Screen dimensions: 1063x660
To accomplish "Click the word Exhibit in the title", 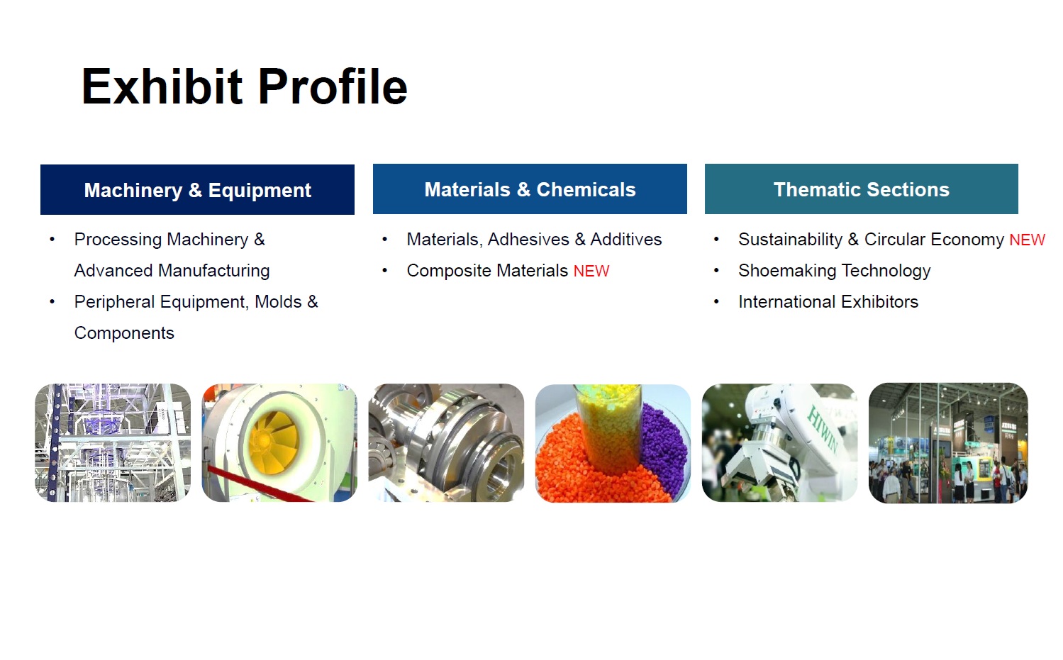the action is (x=162, y=86).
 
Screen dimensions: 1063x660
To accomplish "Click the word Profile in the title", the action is (x=333, y=86).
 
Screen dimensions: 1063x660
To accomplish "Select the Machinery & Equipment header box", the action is (x=197, y=190).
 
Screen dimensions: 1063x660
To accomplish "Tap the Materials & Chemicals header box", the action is (x=530, y=189).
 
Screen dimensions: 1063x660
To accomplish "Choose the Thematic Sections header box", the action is (x=862, y=189).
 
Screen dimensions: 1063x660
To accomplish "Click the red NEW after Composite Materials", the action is (x=591, y=271).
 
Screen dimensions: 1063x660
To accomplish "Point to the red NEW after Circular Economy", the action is (x=1027, y=240).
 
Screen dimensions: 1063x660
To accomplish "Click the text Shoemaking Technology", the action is (x=834, y=271).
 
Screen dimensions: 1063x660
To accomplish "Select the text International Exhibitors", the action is (x=828, y=302).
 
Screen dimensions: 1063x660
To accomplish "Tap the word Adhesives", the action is (x=528, y=240).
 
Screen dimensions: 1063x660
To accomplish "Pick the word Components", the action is (x=124, y=334).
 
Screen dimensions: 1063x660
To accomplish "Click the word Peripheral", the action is (x=114, y=302).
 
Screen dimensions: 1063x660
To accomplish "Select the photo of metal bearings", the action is (x=447, y=442).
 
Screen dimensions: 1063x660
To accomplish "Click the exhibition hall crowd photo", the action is (x=948, y=443).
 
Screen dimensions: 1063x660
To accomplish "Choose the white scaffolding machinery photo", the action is (x=113, y=442).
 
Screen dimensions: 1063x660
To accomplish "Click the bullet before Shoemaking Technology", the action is (x=716, y=271).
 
